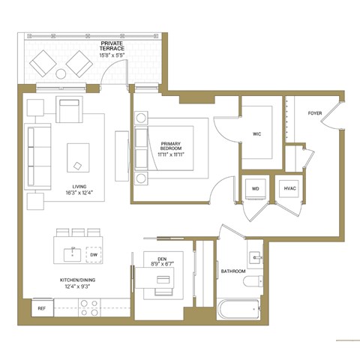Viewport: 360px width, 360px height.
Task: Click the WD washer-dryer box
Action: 255,188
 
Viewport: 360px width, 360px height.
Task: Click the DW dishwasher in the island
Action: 94,255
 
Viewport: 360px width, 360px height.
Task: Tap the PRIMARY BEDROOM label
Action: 172,145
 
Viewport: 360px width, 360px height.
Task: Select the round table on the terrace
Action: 60,73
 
